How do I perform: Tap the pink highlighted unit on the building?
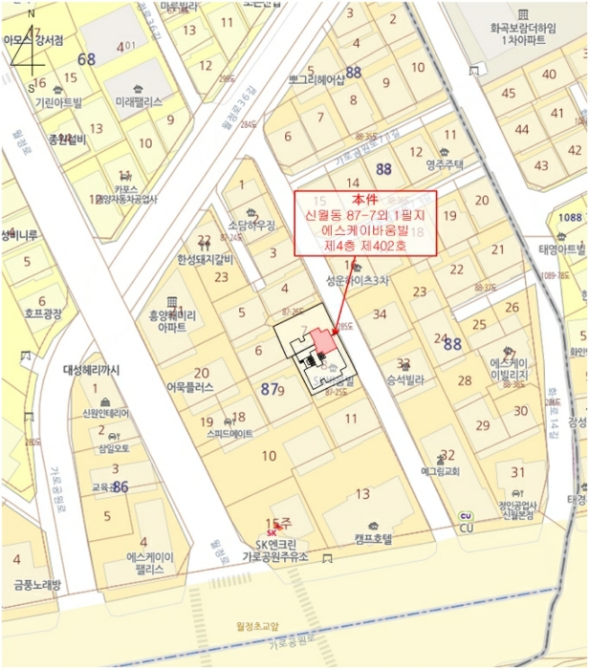click(x=322, y=342)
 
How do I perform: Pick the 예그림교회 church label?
click(x=440, y=471)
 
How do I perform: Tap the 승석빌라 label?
click(x=404, y=378)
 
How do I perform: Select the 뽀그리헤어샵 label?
click(x=315, y=80)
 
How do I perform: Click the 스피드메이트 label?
click(x=229, y=433)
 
